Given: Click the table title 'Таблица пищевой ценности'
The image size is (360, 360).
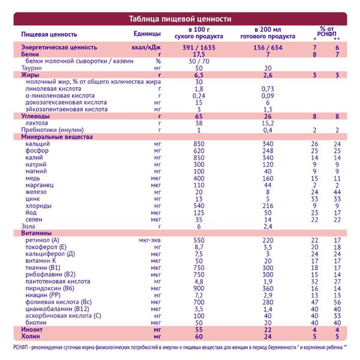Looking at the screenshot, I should coord(180,19).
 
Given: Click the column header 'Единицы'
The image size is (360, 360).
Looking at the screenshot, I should coord(148,32).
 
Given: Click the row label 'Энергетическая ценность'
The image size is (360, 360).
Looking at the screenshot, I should coord(59,47).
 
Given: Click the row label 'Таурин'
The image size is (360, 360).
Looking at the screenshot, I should coord(31,68).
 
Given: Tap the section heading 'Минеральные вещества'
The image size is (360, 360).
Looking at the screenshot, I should coord(56,137).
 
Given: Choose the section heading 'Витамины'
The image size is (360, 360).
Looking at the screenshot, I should coord(35,232).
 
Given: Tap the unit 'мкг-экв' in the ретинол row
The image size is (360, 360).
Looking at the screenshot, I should coord(148,239).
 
